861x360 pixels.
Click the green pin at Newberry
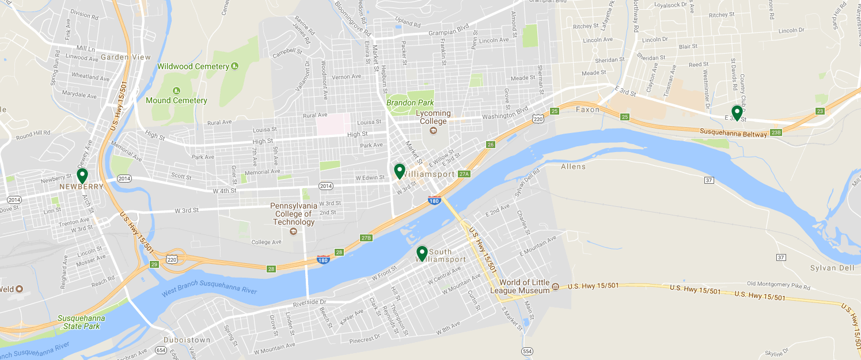82,176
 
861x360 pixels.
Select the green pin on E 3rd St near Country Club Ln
737,113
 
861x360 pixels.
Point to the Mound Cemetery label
176,100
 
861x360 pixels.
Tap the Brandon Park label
409,103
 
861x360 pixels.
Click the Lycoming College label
433,118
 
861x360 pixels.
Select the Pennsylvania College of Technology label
294,214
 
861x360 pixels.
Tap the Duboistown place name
187,340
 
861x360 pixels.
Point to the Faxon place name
587,109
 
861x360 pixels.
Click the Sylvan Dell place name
832,268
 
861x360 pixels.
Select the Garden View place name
126,57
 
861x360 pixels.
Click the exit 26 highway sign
491,145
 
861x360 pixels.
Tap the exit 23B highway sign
776,133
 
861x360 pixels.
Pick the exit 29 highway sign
154,264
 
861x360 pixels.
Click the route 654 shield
161,350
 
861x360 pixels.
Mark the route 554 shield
526,351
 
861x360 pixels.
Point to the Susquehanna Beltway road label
733,132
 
